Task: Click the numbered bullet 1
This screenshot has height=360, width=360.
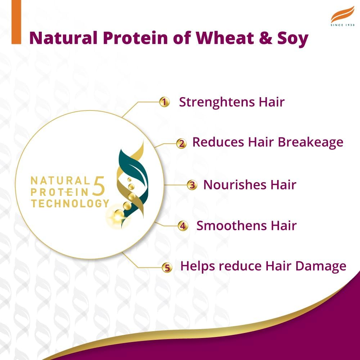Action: click(164, 102)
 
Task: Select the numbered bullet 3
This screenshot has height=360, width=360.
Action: click(192, 185)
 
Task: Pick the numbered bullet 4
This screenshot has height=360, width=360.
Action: click(183, 226)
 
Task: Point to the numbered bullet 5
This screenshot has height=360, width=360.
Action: click(167, 267)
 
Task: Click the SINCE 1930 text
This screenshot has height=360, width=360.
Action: click(342, 25)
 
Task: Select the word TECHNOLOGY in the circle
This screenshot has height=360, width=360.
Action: click(70, 203)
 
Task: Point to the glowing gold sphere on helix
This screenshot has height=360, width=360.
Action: click(117, 216)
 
